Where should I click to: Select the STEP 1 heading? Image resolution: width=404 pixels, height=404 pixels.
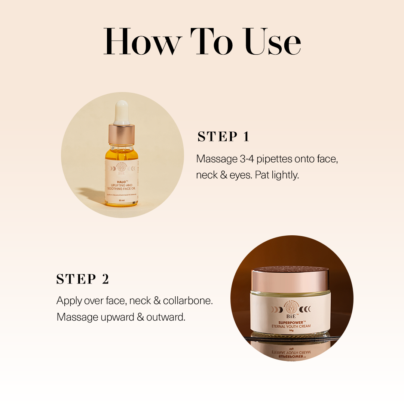[223, 137]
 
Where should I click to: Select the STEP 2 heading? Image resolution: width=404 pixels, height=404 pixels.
[83, 279]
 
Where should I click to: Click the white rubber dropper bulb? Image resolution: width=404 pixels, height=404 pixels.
[121, 112]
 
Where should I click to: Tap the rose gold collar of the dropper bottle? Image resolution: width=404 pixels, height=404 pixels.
[122, 134]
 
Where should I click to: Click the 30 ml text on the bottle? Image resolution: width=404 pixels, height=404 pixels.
[122, 201]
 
